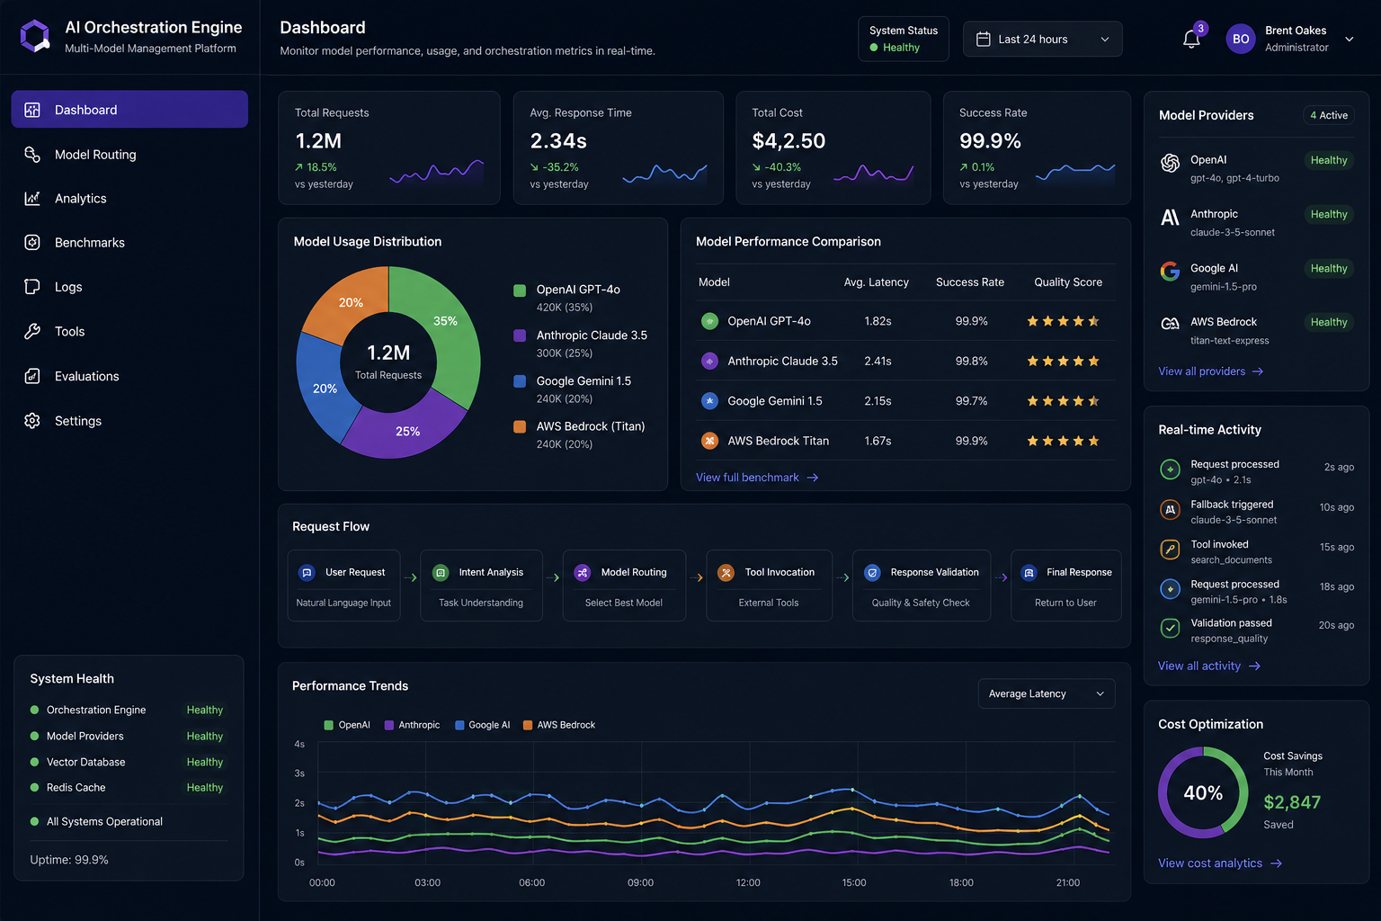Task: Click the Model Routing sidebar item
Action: coord(95,154)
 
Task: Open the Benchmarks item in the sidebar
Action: coord(89,243)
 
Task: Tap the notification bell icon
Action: coord(1190,40)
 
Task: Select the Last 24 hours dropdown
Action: coord(1042,40)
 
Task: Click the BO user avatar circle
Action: coord(1241,39)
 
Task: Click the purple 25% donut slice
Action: coord(404,429)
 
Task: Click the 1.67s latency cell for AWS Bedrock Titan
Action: coord(878,441)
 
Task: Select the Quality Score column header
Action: coord(1068,282)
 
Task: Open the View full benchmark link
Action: coord(757,478)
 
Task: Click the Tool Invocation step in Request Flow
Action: coord(769,586)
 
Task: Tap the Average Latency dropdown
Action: coord(1047,693)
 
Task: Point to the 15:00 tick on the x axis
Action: coord(854,882)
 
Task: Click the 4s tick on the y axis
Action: coord(299,744)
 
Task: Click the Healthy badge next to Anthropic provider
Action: coord(1329,214)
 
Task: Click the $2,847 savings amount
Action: coord(1292,802)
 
